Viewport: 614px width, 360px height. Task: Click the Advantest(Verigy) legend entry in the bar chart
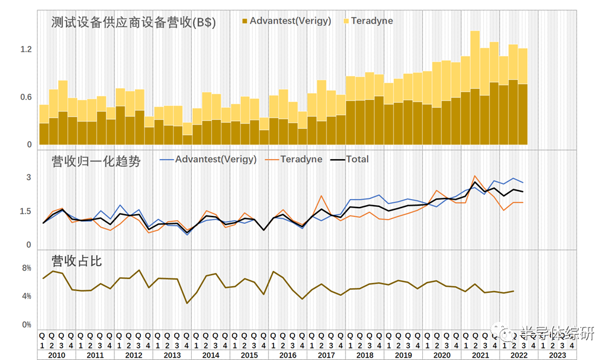(x=290, y=21)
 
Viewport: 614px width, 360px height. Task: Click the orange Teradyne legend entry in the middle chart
(x=301, y=160)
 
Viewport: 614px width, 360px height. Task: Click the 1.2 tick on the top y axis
(x=25, y=49)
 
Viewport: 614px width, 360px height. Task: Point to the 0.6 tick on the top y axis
(x=25, y=97)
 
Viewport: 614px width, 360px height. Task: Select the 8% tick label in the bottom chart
(x=26, y=268)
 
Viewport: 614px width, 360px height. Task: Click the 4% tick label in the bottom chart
(x=26, y=296)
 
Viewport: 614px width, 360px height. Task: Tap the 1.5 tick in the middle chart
(x=25, y=211)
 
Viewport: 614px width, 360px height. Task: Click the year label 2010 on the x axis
(x=56, y=355)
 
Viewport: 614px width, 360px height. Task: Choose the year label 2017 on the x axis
(x=326, y=355)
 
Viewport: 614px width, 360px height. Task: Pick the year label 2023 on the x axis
(x=558, y=355)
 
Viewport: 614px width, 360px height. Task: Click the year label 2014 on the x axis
(x=211, y=355)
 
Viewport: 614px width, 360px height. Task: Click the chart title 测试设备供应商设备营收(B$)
(x=134, y=23)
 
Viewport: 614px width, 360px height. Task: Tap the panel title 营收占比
(x=76, y=261)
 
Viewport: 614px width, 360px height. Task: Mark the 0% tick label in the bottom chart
(x=26, y=325)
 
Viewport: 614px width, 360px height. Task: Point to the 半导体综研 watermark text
(x=557, y=333)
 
